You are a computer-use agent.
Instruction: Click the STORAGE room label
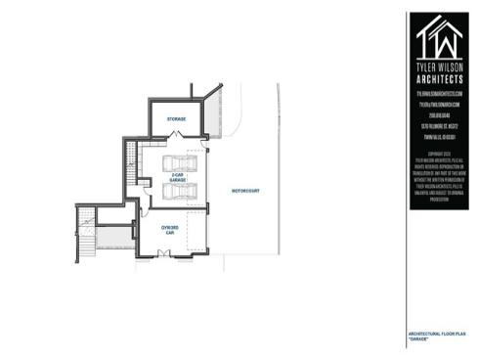coord(175,118)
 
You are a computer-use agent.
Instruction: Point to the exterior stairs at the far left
coord(86,235)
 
